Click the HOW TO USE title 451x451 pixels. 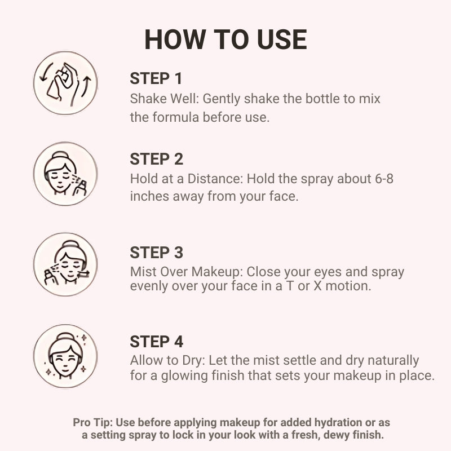coord(226,39)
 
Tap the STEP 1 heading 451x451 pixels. coord(156,78)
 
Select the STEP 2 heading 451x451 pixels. coord(157,159)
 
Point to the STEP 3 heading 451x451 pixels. coord(157,253)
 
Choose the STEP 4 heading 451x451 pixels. coord(157,342)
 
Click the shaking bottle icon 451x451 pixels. coord(65,83)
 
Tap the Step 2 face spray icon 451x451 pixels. coord(65,174)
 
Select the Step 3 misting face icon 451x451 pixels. coord(65,264)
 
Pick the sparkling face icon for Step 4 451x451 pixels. coord(65,356)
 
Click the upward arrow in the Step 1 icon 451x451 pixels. coord(86,86)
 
